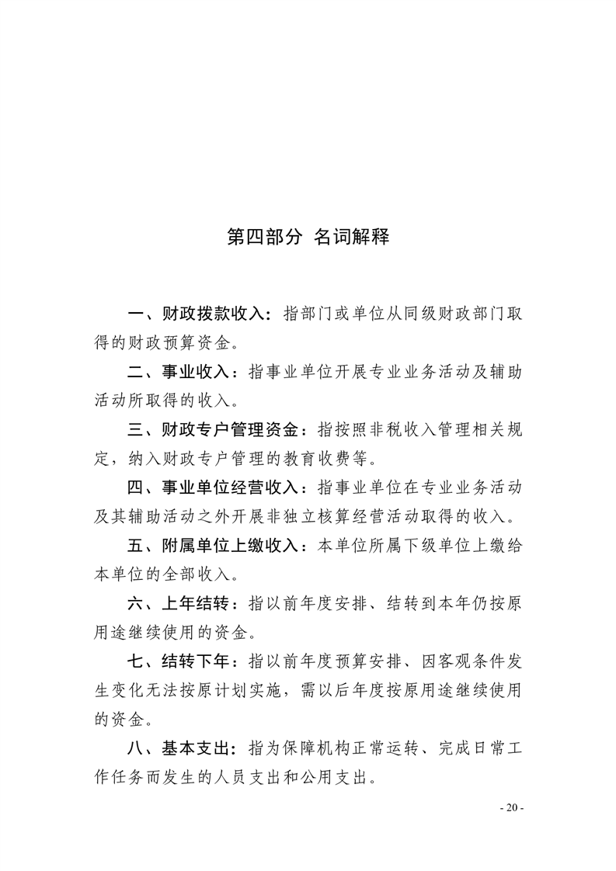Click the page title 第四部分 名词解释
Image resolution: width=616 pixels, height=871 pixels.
308,237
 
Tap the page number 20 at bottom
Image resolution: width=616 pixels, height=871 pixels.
511,808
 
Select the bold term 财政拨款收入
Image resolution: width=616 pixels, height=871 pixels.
214,315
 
